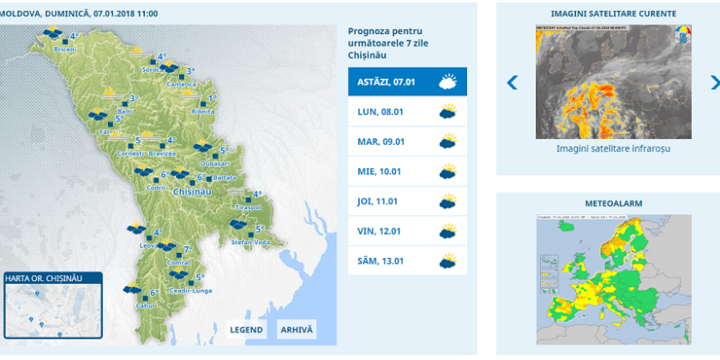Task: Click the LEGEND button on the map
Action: (246, 330)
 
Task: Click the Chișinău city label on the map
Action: (192, 191)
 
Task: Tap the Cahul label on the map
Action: (144, 306)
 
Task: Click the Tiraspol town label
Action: (248, 207)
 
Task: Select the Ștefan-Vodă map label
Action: (249, 243)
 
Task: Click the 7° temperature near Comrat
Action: (188, 249)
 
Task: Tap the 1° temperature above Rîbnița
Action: (212, 99)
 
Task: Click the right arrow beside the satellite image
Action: (714, 82)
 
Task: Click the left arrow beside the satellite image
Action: (513, 82)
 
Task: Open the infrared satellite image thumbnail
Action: (613, 82)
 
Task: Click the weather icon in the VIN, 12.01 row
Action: (447, 231)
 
